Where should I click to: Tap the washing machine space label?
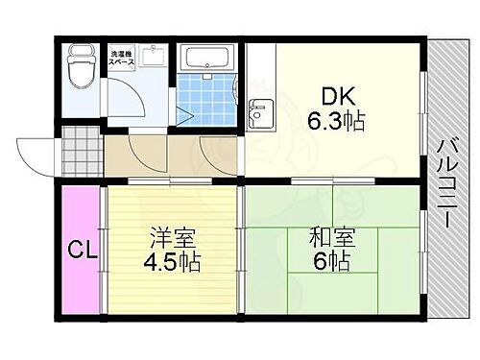[x=123, y=59]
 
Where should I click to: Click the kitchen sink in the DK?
[x=257, y=118]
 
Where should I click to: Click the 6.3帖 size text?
[x=335, y=123]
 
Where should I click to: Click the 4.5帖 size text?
[x=174, y=261]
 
